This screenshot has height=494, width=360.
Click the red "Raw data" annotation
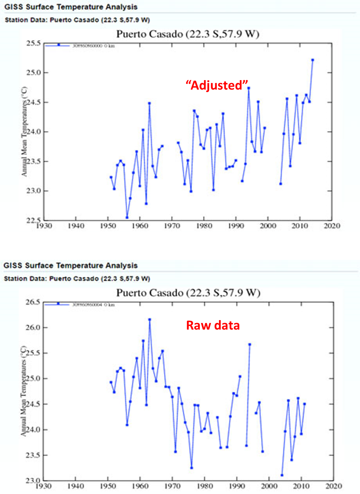(213, 325)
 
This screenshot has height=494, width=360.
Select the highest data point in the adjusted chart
(312, 60)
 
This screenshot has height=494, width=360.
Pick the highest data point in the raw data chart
(150, 320)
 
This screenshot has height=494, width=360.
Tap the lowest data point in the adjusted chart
(127, 217)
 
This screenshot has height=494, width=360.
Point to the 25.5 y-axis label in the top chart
(33, 43)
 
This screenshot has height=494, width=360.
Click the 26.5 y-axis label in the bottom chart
(32, 302)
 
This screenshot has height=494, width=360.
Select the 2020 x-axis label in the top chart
(332, 226)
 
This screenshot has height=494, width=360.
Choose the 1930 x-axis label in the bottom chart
(43, 486)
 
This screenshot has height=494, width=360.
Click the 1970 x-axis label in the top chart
(172, 226)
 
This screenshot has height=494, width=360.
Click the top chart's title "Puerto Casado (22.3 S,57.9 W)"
(188, 34)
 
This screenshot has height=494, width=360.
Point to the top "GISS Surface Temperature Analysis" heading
(71, 7)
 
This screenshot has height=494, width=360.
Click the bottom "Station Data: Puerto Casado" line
(77, 278)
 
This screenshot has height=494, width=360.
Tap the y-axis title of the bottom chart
(24, 391)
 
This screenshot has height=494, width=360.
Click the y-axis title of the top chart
(24, 132)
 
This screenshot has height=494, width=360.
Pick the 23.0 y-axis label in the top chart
(33, 191)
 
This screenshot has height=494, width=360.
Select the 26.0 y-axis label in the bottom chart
(32, 327)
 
